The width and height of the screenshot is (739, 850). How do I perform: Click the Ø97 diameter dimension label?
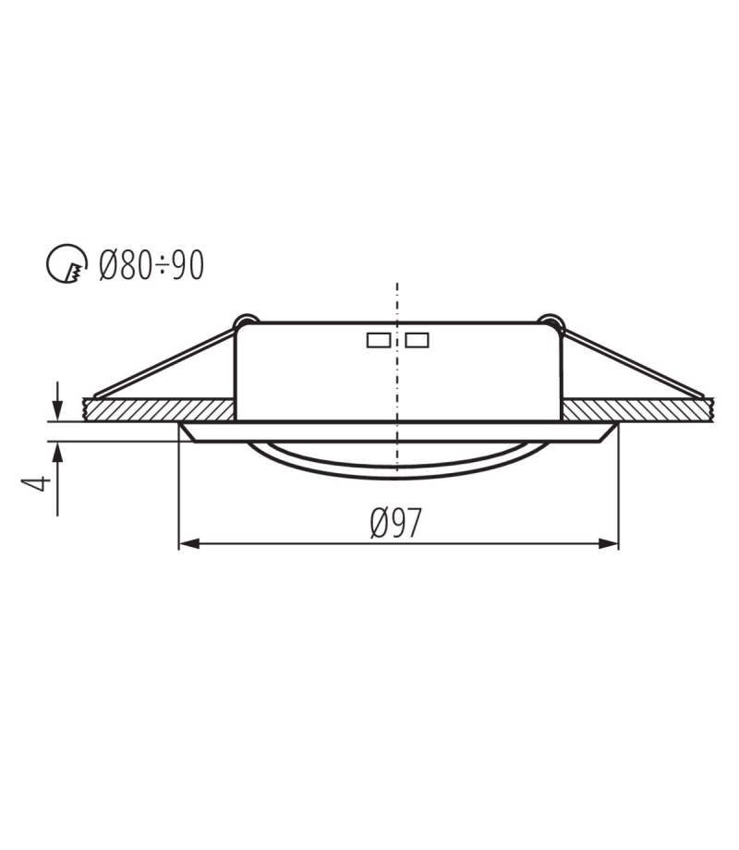click(x=395, y=523)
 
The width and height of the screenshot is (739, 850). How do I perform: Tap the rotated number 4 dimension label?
click(x=36, y=483)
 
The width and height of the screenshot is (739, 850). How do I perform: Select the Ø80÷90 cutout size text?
click(x=151, y=266)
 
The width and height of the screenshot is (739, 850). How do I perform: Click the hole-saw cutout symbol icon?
click(x=67, y=263)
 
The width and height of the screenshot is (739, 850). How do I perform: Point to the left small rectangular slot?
click(x=379, y=340)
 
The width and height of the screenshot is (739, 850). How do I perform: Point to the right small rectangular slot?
click(x=417, y=340)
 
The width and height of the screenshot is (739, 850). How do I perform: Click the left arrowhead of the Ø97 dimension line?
click(x=189, y=543)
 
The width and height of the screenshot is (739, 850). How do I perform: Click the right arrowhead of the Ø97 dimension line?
click(x=608, y=543)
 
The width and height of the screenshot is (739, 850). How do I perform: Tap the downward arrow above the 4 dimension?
click(x=58, y=401)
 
